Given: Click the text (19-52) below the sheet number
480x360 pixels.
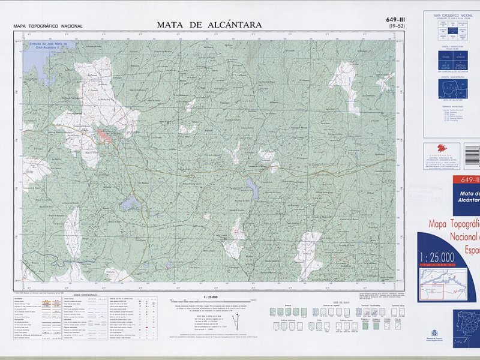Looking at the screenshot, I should point(397,27).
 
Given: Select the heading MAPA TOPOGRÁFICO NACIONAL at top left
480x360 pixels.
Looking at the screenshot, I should point(48,26).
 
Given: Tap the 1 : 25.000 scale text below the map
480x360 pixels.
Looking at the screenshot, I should point(209,297).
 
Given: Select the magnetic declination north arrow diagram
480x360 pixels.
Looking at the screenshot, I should point(238,319).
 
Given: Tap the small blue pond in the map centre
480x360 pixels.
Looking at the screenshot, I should point(253,190).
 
